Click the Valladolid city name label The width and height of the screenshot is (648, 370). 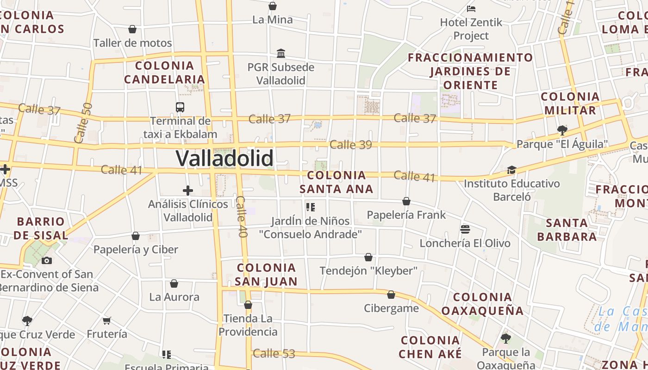pos(224,159)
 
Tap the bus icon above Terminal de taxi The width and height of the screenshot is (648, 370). pos(180,107)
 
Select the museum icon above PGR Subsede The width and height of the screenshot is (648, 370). pos(281,53)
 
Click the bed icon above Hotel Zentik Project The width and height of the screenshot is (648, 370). pos(471,8)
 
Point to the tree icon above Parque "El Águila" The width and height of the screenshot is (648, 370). pos(562,130)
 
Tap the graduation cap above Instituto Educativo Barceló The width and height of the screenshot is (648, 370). pos(511,170)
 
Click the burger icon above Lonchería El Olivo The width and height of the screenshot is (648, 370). pos(465,229)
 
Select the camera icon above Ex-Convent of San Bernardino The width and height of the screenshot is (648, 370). pos(47,260)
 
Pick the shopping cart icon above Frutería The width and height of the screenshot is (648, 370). pos(107,321)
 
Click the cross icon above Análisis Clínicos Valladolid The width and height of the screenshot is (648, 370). pos(188,190)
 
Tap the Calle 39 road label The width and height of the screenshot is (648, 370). pos(351,145)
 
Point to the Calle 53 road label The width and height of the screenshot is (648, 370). pos(274,354)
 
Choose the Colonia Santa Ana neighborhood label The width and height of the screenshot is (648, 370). pos(336,182)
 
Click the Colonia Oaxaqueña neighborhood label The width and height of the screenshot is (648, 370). pos(482,304)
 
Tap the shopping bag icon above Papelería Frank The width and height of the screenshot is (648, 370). pos(406,201)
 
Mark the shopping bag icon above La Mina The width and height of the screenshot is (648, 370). pos(273,6)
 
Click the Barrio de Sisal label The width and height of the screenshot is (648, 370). pos(41,228)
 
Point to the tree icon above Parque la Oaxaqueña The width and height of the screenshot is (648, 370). pos(506,338)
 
